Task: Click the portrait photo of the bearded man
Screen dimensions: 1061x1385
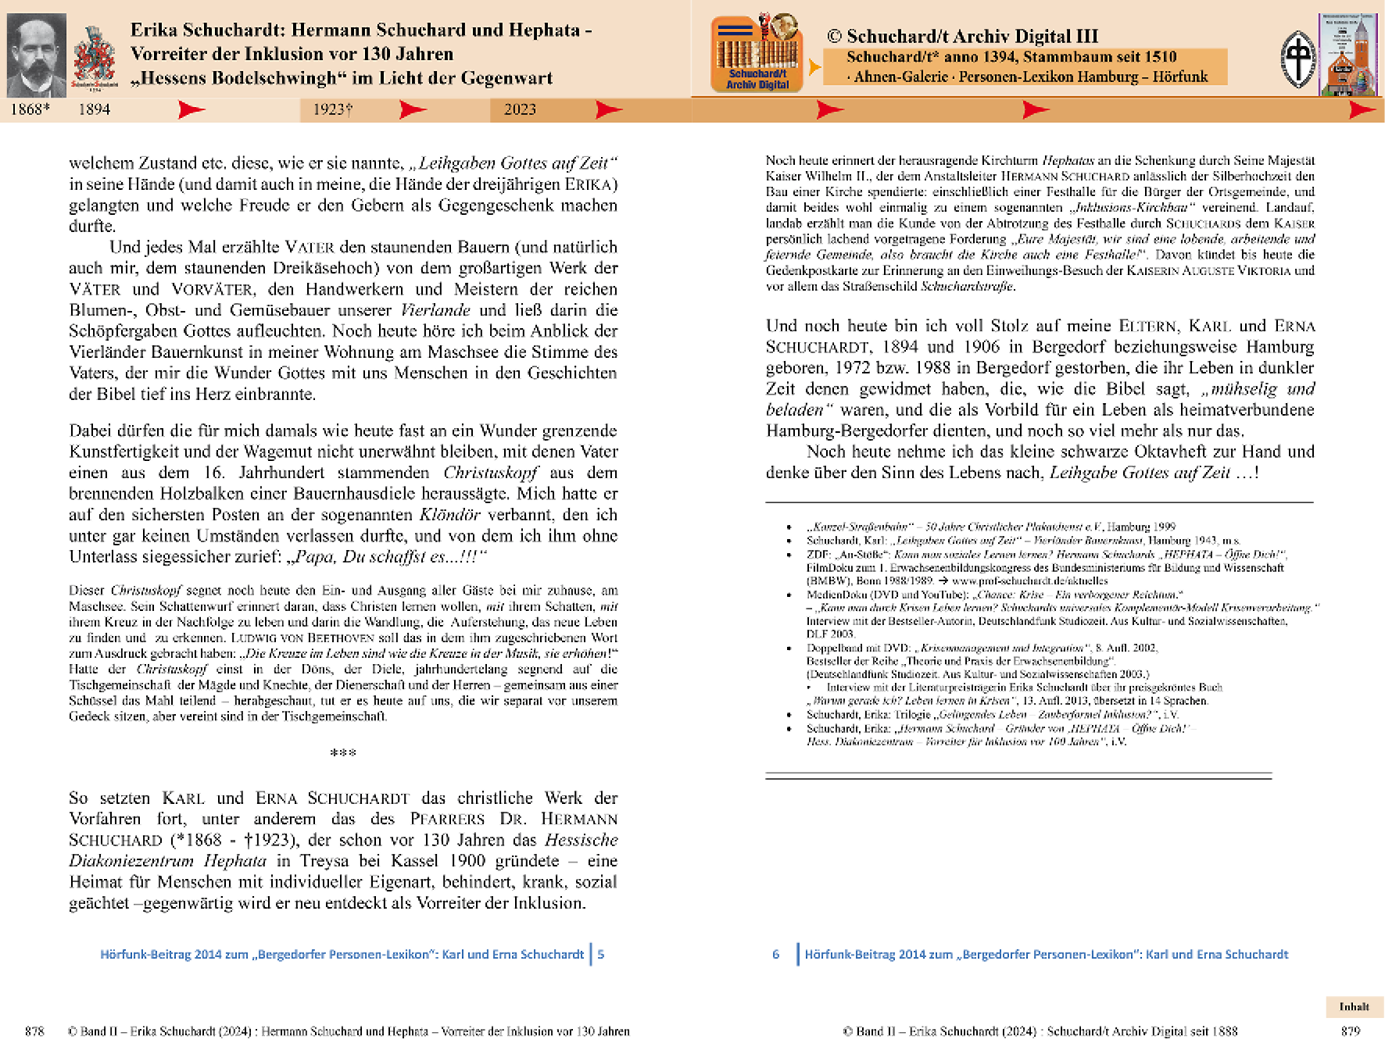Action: [x=36, y=55]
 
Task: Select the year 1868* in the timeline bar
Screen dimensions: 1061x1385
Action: [x=30, y=109]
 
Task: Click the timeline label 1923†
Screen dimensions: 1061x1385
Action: [x=332, y=109]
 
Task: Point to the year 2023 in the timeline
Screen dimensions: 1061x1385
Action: [x=520, y=109]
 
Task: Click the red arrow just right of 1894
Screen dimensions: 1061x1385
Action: [x=191, y=109]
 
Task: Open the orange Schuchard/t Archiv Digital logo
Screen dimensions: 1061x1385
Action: [x=757, y=54]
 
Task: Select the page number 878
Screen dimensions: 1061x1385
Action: [x=34, y=1031]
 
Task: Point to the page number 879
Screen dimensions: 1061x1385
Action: [x=1351, y=1031]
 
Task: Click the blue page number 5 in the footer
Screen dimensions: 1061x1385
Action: [x=601, y=954]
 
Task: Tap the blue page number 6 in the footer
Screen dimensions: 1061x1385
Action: [x=775, y=954]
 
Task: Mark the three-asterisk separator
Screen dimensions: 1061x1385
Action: [x=343, y=753]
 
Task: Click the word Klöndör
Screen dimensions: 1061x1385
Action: [x=449, y=515]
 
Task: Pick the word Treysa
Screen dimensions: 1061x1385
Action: [x=324, y=861]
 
